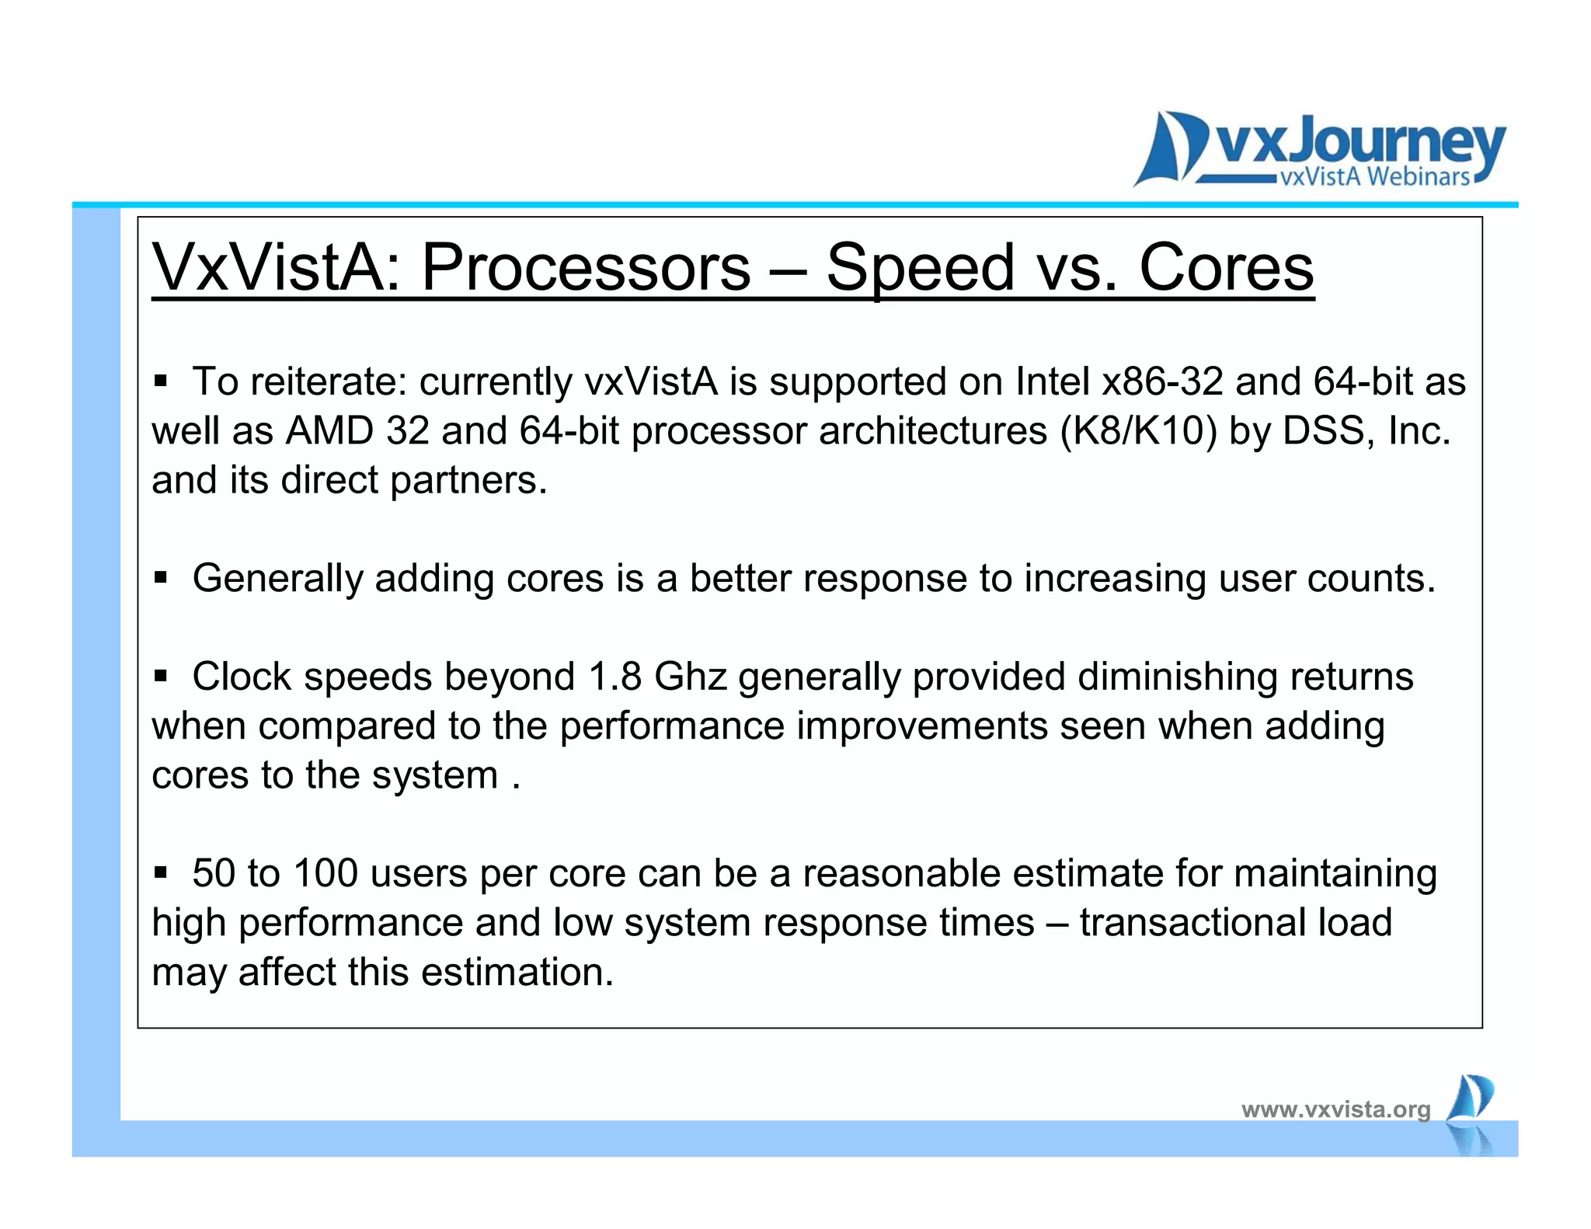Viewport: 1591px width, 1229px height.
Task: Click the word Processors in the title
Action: [586, 267]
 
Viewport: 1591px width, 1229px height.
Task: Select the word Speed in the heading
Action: [921, 267]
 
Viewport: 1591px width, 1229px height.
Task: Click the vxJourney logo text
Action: [1359, 144]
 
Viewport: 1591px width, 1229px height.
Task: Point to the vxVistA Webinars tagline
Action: [1374, 177]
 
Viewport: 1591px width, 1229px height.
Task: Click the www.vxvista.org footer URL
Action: [1335, 1109]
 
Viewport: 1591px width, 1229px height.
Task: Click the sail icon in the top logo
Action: [1169, 148]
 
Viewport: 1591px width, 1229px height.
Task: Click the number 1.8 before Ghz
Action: [614, 676]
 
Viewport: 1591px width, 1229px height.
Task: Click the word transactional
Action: [1192, 923]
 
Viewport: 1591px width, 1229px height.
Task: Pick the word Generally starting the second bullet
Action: [277, 579]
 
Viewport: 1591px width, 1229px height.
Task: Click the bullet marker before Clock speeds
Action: [161, 676]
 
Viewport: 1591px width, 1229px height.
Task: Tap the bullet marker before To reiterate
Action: [161, 381]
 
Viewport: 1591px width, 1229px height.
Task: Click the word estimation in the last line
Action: [512, 972]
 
